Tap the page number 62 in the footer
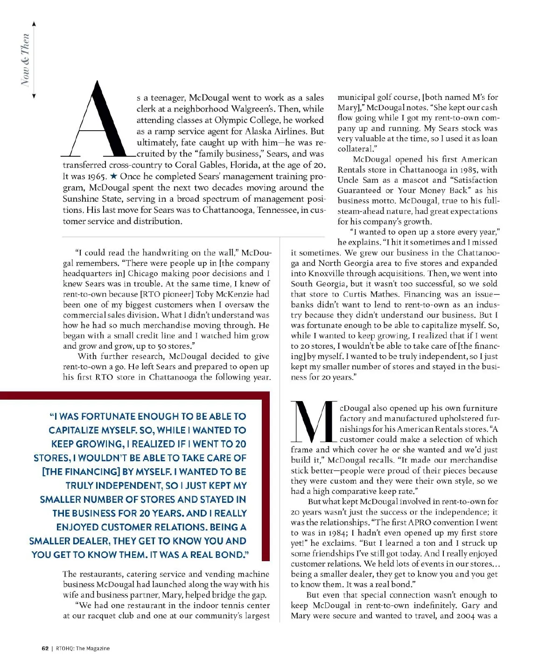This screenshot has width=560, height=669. [45, 648]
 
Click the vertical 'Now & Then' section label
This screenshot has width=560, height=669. [25, 60]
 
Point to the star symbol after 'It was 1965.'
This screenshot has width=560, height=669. [113, 176]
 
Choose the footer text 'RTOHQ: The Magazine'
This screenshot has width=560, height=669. [83, 648]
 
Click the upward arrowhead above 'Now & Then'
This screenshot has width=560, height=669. [34, 24]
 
